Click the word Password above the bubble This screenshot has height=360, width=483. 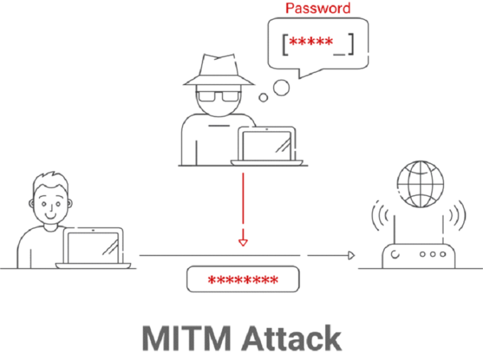point(318,9)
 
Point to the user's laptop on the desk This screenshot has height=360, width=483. point(94,245)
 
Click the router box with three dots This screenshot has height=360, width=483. point(418,255)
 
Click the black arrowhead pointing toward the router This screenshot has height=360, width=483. point(351,255)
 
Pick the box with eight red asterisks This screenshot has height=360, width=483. point(242,279)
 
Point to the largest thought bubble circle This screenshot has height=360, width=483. point(281,86)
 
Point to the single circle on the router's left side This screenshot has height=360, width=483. point(395,255)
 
